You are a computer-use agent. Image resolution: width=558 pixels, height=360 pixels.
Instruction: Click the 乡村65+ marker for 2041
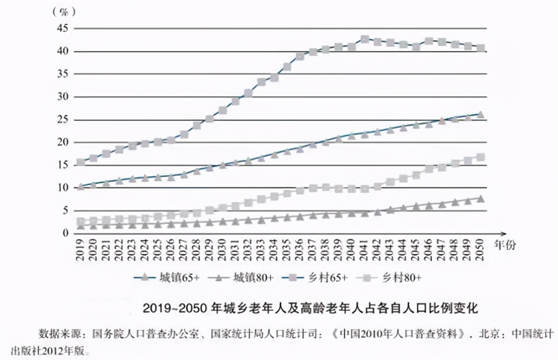(365, 39)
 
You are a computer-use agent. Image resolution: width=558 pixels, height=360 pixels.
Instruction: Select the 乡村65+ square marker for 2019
(81, 163)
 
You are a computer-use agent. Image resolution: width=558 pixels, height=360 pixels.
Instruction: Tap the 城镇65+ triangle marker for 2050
(480, 115)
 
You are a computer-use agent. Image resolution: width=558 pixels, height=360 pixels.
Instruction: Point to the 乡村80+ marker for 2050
(480, 157)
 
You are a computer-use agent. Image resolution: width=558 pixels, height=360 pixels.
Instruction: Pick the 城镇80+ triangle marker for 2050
(480, 199)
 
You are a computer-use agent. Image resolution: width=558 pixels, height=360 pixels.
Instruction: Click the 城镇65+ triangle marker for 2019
(81, 187)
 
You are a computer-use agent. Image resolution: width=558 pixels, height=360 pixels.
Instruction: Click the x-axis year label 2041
(364, 250)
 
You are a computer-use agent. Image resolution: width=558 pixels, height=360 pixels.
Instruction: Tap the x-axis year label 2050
(480, 250)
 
